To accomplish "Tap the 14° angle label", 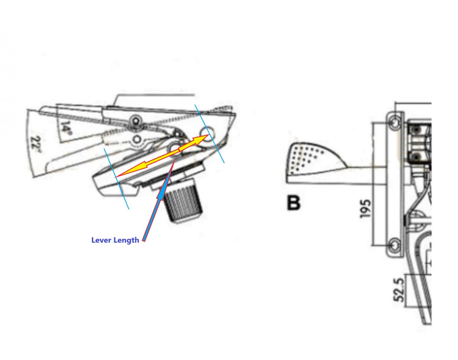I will [66, 128].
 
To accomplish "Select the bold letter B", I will [293, 203].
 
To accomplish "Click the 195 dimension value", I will [365, 209].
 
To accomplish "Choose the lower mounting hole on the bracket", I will [395, 245].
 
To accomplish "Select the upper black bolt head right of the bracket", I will [415, 130].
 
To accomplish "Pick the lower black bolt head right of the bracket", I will [415, 156].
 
